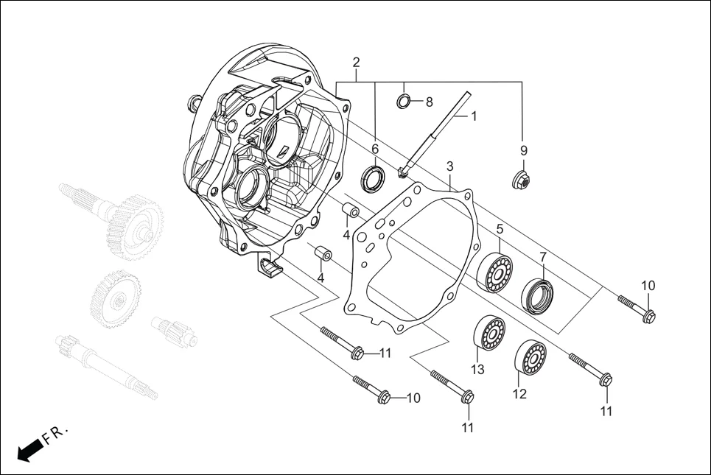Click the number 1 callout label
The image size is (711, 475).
[474, 116]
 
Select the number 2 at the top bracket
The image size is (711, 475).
[356, 62]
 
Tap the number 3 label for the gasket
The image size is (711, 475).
[449, 166]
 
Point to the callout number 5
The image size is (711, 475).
[499, 229]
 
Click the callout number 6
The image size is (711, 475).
[374, 149]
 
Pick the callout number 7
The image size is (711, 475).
[543, 257]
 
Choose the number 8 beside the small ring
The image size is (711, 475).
[429, 102]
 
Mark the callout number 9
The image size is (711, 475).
[524, 150]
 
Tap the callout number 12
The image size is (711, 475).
[519, 394]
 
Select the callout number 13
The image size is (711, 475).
[477, 369]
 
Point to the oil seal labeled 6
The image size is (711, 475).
[373, 177]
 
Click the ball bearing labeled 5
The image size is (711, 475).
[495, 272]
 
